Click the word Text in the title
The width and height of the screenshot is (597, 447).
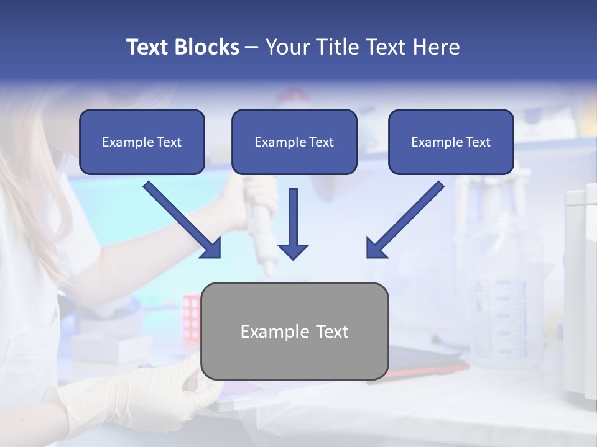pyautogui.click(x=147, y=47)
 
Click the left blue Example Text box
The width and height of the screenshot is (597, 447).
pyautogui.click(x=142, y=142)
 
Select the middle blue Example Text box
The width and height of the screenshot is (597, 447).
pyautogui.click(x=294, y=142)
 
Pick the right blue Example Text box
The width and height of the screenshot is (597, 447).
pyautogui.click(x=451, y=142)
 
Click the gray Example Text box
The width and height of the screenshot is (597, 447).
pyautogui.click(x=295, y=332)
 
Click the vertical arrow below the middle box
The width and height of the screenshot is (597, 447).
pyautogui.click(x=293, y=217)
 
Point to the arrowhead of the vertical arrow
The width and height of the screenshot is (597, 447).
pyautogui.click(x=293, y=251)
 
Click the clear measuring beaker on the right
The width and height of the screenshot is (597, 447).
pyautogui.click(x=497, y=298)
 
